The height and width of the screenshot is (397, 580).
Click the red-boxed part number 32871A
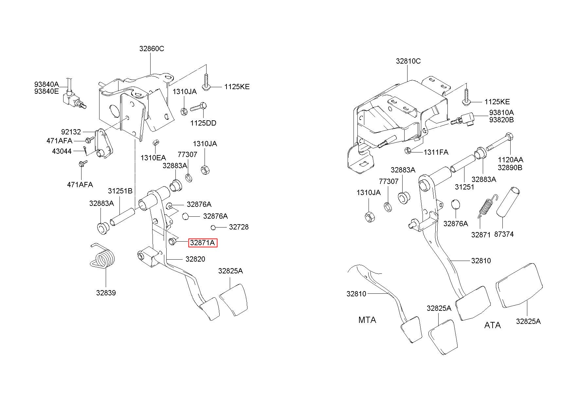coord(203,243)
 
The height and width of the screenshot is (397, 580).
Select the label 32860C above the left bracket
coord(152,49)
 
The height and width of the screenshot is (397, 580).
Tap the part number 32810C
coord(408,61)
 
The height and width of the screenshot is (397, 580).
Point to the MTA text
coord(367,320)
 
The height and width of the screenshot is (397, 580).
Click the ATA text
coord(493,325)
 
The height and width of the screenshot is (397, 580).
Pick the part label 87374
coord(504,234)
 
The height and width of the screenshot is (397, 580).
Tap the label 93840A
coord(46,85)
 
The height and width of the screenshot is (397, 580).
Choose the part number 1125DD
coord(203,123)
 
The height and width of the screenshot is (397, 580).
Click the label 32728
coord(239,227)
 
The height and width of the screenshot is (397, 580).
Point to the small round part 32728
coord(213,227)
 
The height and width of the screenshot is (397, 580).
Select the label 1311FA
coord(436,152)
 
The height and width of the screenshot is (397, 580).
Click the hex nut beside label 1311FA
coord(408,151)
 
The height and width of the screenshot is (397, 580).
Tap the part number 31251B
coord(120,191)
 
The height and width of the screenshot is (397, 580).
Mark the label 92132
coord(71,132)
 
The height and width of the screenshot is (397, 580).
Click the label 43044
coord(62,151)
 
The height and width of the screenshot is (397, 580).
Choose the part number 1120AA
coord(511,160)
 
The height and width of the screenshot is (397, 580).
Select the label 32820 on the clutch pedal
coord(195,259)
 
